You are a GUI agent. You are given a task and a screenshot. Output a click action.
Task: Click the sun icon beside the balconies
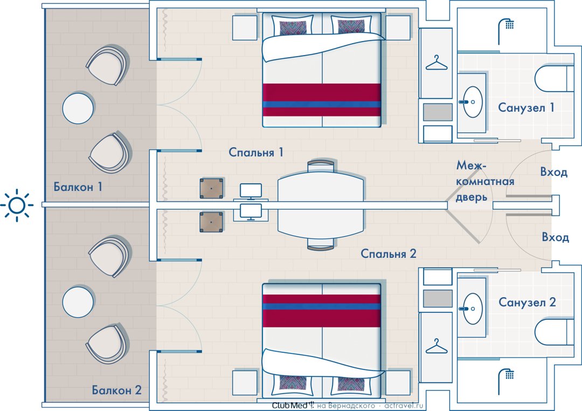17,205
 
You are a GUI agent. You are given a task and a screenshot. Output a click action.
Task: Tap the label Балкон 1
78,187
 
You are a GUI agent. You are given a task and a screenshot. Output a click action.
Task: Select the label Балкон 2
117,390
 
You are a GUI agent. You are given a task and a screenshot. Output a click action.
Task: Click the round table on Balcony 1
78,108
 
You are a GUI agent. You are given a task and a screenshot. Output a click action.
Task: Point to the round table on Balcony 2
78,302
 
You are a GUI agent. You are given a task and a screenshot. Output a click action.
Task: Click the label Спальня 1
256,152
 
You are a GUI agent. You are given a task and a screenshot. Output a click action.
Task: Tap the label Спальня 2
389,254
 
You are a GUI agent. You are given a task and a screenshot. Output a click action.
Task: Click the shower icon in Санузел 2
505,382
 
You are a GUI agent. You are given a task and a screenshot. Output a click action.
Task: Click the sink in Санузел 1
472,102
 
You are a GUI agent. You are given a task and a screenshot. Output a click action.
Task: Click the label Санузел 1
526,108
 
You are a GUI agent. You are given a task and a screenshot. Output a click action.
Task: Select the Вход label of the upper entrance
554,172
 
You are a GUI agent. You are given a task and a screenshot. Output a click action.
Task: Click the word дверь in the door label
472,197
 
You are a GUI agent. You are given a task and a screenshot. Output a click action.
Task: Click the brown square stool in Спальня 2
212,222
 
